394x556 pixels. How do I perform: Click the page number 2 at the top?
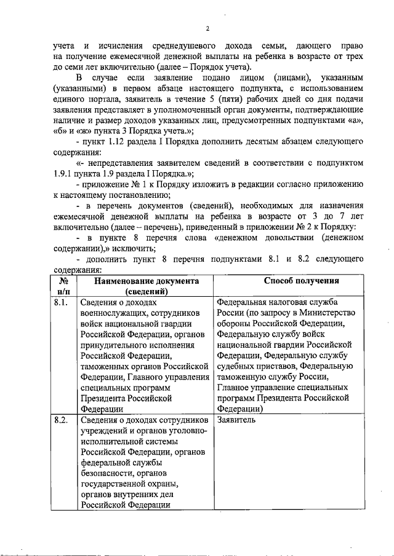(x=207, y=29)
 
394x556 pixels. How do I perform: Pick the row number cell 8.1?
(x=61, y=303)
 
